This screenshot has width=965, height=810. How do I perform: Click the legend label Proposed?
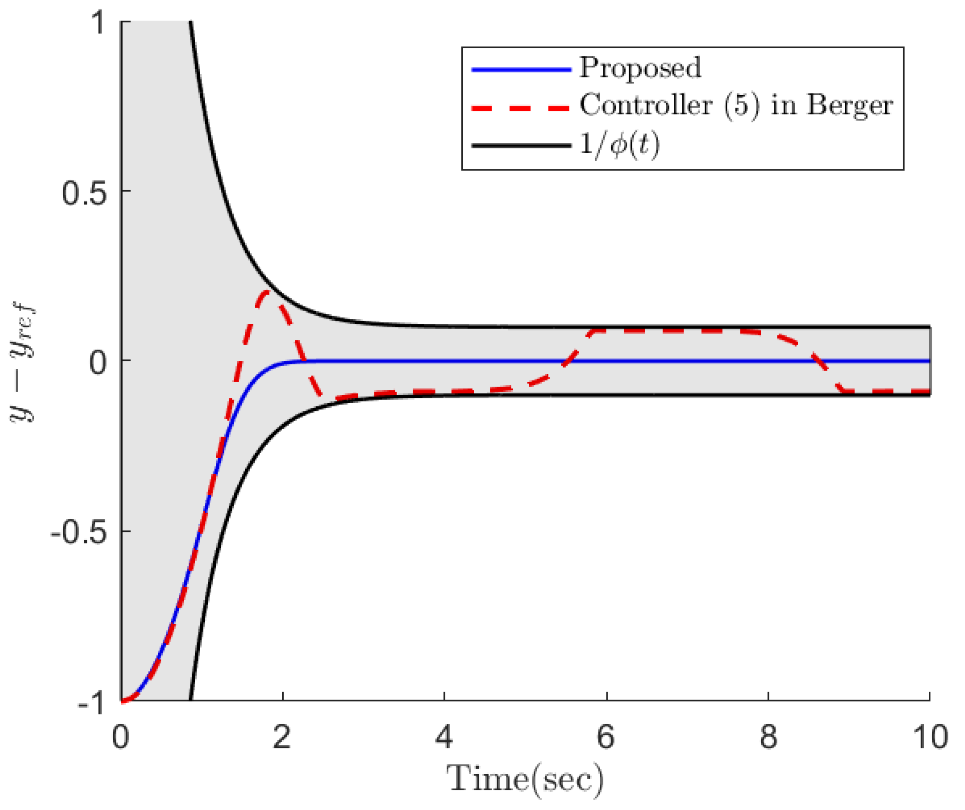(x=640, y=68)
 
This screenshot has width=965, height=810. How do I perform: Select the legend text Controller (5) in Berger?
(x=736, y=106)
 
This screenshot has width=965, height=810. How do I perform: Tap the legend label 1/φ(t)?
(x=619, y=145)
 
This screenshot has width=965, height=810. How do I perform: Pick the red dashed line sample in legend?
(x=521, y=109)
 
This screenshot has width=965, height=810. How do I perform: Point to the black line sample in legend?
(x=521, y=146)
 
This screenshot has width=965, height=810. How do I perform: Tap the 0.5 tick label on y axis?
(x=84, y=193)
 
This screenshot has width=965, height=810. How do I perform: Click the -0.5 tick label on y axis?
(x=78, y=533)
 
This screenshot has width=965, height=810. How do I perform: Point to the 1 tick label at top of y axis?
(x=99, y=23)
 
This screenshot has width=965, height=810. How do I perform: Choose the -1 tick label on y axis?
(x=92, y=703)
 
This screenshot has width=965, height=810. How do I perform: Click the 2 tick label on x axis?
(x=282, y=737)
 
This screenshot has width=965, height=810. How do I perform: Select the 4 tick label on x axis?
(x=444, y=737)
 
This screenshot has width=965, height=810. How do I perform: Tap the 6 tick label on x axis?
(x=606, y=737)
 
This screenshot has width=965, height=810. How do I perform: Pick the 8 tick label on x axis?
(x=768, y=737)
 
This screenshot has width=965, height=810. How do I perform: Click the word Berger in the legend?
(x=849, y=106)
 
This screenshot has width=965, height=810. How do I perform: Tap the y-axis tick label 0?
(x=98, y=363)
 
